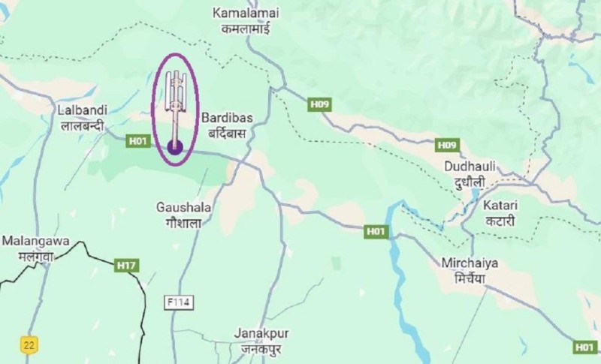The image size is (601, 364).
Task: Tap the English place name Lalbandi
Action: pyautogui.click(x=82, y=110)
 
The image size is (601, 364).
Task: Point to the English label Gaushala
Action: pyautogui.click(x=184, y=206)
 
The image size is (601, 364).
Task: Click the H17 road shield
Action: pyautogui.click(x=127, y=265)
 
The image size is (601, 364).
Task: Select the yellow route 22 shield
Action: pyautogui.click(x=29, y=344)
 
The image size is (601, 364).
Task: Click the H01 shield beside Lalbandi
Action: pyautogui.click(x=137, y=140)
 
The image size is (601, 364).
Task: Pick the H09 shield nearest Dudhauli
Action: pyautogui.click(x=447, y=144)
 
